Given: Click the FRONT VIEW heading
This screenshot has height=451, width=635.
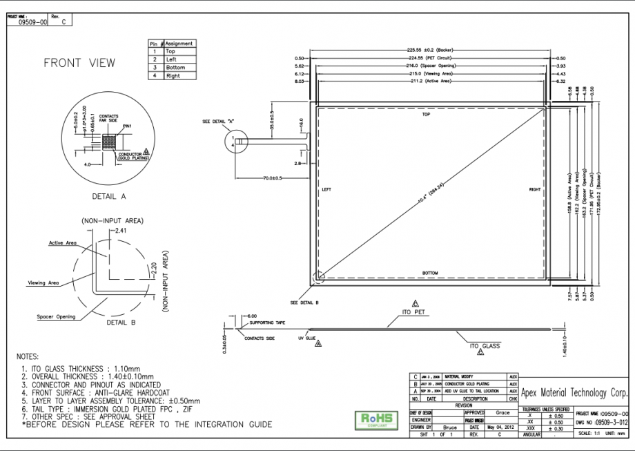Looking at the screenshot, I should tap(80, 63).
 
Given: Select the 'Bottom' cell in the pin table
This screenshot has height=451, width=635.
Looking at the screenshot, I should tap(175, 68).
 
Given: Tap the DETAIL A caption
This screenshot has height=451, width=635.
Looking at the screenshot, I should tap(108, 196).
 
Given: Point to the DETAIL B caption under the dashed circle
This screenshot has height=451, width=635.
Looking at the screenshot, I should tap(121, 322).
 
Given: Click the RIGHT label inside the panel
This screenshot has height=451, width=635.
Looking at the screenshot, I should tap(535, 189).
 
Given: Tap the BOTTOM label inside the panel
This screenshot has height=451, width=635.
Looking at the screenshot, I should tap(431, 273).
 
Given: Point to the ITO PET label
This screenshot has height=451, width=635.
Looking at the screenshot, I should tap(414, 312).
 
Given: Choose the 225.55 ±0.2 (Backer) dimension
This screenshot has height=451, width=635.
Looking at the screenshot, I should tap(428, 50).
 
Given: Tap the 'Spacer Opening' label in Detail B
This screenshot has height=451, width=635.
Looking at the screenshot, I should tap(57, 317).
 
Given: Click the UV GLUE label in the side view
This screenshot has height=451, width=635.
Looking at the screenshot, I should tap(306, 339).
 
